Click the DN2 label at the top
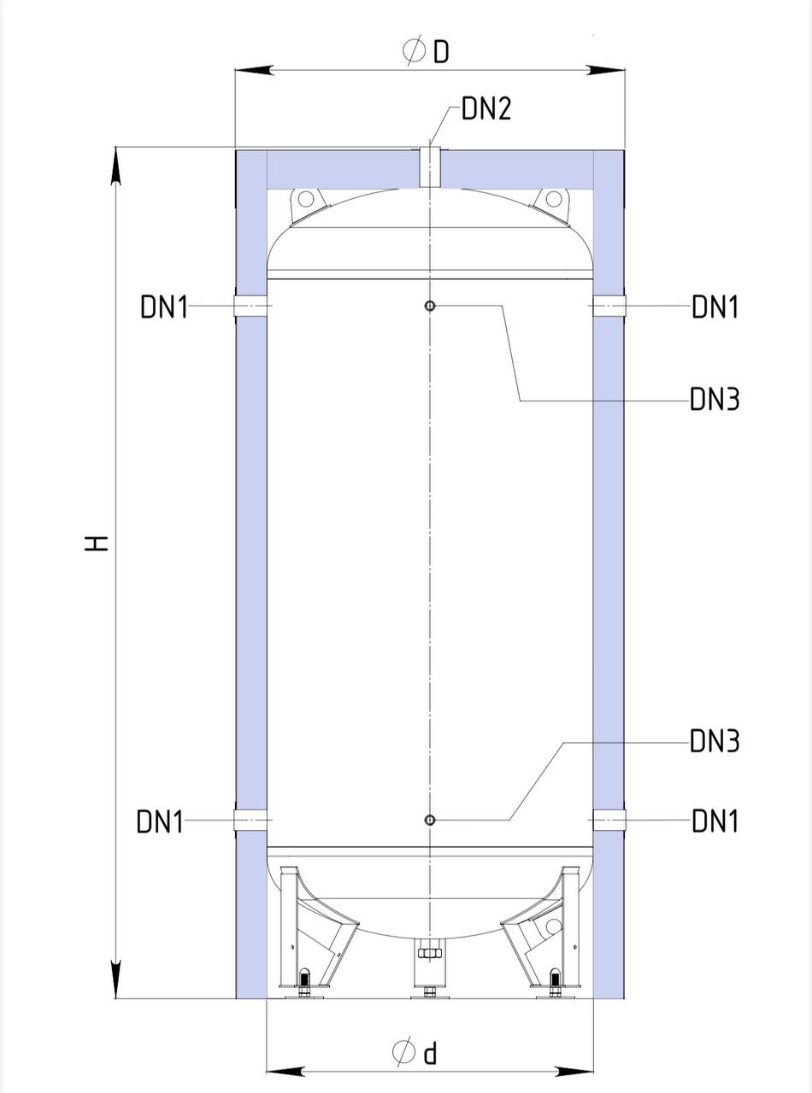click(x=486, y=109)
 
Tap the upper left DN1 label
click(x=164, y=307)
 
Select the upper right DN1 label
click(x=715, y=307)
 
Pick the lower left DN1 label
click(x=160, y=821)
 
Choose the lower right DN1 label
click(x=715, y=821)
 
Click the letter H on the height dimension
click(x=97, y=544)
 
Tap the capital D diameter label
click(x=441, y=51)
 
